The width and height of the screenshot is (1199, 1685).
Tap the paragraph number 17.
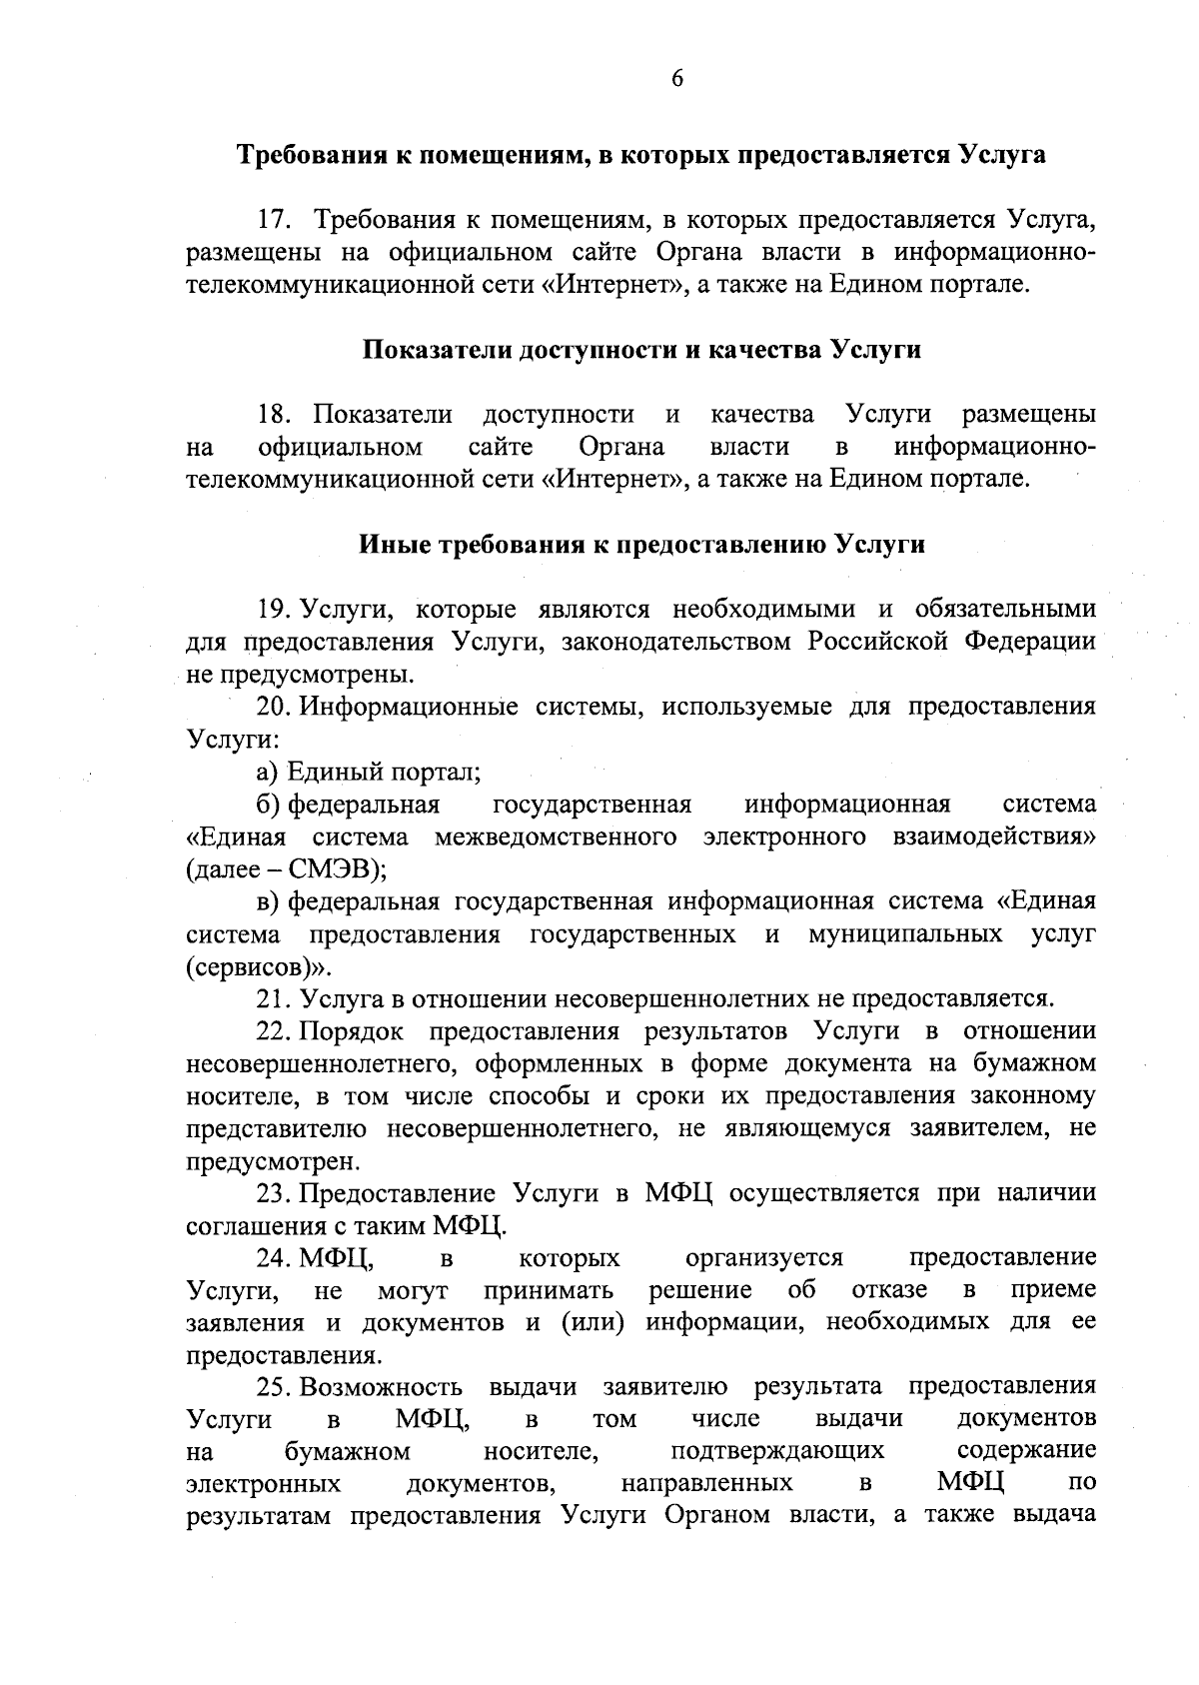pos(273,219)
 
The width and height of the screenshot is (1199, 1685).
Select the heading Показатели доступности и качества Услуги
pos(640,350)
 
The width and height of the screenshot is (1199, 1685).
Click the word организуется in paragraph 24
pos(764,1256)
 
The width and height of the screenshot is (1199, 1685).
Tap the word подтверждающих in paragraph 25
pos(777,1450)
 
